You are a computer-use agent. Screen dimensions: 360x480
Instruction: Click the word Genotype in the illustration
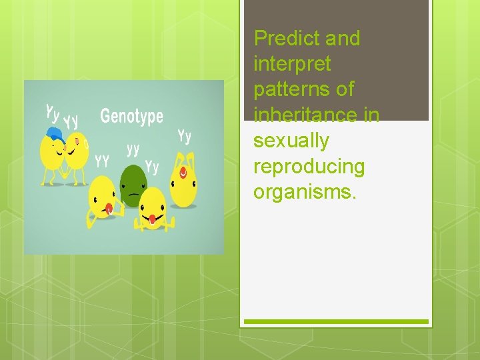pos(131,117)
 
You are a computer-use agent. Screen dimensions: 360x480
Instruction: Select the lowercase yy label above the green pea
pos(133,148)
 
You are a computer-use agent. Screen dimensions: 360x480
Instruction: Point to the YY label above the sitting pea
pos(102,160)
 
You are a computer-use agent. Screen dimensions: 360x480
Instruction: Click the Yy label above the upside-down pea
pos(185,136)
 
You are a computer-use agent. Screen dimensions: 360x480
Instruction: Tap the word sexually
pos(291,141)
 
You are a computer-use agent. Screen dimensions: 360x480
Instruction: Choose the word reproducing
pos(309,166)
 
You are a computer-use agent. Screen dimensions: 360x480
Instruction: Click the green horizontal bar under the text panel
pos(336,321)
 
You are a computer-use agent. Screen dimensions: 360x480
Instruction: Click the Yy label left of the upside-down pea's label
pos(152,166)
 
